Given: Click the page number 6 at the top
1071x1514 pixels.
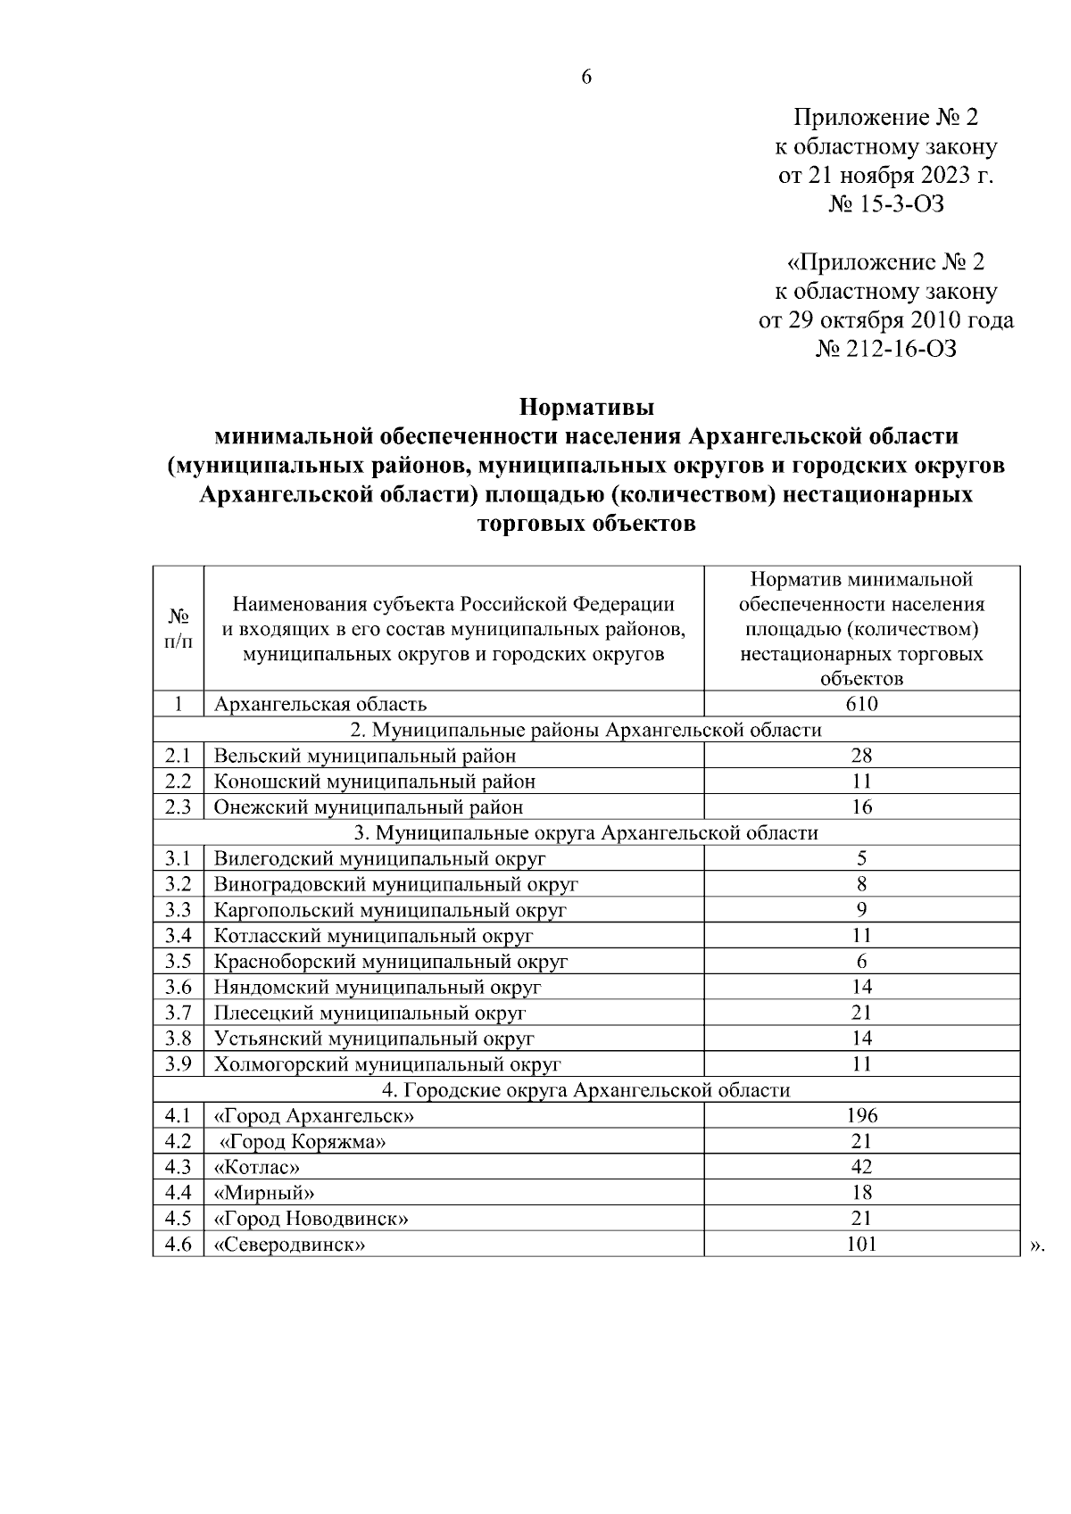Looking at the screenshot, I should click(x=586, y=77).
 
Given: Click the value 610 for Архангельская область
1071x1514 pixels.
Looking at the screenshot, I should click(x=861, y=704).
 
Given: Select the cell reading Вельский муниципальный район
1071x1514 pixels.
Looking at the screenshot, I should click(x=365, y=756).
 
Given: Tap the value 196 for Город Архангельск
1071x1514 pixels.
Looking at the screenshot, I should click(x=861, y=1115).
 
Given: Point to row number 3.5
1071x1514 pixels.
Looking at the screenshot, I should click(x=178, y=961).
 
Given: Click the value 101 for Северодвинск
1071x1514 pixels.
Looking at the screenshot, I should click(x=861, y=1244).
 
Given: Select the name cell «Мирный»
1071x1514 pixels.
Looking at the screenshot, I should click(x=264, y=1193).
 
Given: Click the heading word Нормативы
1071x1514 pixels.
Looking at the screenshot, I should click(x=586, y=409).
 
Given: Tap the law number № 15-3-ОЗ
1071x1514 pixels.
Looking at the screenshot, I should click(x=885, y=204).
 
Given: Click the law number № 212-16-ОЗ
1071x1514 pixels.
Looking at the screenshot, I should click(x=885, y=349).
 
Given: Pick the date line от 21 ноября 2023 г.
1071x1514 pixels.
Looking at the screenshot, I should click(x=885, y=175).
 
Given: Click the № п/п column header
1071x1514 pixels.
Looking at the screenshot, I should click(x=178, y=629).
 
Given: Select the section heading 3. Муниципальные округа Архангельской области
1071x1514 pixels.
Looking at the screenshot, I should click(x=586, y=833).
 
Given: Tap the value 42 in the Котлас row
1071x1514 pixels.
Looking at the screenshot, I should click(x=861, y=1167).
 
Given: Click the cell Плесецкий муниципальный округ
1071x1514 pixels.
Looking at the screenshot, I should click(x=369, y=1013).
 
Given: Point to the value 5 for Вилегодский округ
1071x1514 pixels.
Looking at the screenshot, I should click(x=861, y=858).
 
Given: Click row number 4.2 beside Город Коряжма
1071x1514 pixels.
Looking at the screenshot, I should click(x=178, y=1141).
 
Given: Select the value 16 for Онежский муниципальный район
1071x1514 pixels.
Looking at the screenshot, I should click(x=861, y=807).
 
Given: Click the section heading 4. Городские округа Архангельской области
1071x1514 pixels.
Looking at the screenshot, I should click(x=586, y=1090).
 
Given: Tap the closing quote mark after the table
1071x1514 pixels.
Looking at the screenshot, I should click(x=1036, y=1246).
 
